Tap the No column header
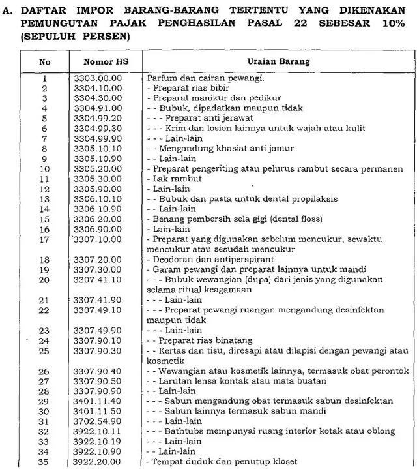tap(44, 61)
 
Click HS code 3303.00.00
tap(98, 78)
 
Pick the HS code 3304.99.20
tap(98, 119)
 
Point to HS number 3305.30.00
tap(98, 179)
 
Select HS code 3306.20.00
tap(98, 219)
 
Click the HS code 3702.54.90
tap(98, 421)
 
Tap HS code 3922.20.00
tap(98, 462)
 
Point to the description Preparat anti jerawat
tap(205, 119)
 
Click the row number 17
tap(44, 239)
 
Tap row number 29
tap(44, 401)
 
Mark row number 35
tap(44, 462)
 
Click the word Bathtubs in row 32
tap(182, 431)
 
